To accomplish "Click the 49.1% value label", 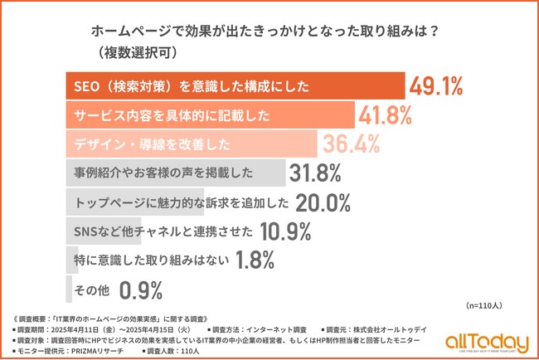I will (435, 86).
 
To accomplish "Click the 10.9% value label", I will (288, 231).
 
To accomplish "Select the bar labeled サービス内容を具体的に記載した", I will (207, 114).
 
